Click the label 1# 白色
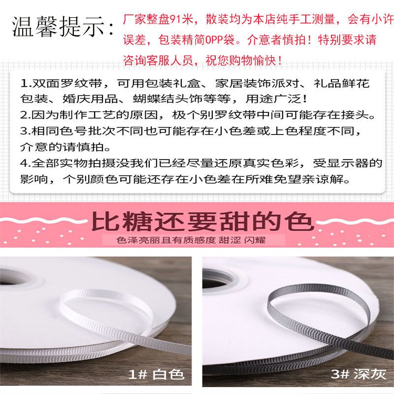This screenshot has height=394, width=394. [x=156, y=374]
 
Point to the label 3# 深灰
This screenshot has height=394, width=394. [x=359, y=374]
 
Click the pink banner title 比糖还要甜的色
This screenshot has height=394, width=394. [x=202, y=221]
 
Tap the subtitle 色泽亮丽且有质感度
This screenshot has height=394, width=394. [x=166, y=240]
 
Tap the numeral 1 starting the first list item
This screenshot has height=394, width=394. [x=24, y=84]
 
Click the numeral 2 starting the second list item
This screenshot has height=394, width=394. [x=24, y=115]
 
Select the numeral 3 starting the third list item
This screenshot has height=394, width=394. [x=24, y=131]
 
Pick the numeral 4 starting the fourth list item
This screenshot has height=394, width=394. [x=24, y=164]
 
